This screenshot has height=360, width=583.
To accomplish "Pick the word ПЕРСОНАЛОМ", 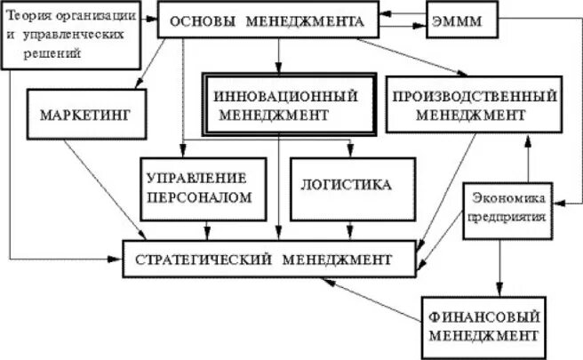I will point(204,196).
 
